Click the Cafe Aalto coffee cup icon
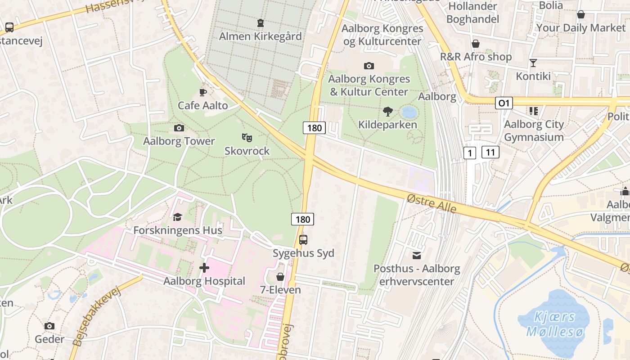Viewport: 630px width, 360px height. point(203,93)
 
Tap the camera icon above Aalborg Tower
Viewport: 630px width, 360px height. point(179,128)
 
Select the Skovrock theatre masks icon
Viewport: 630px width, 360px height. point(247,137)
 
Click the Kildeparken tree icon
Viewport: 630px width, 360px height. point(387,111)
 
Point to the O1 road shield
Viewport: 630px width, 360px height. point(504,103)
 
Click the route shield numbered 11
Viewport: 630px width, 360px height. point(490,152)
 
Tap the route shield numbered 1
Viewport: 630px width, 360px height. point(470,153)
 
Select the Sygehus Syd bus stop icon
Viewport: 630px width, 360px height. point(303,239)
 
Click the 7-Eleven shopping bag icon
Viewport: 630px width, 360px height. point(280,277)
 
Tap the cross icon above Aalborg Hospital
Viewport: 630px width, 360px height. point(204,268)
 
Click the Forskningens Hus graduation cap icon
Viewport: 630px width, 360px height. point(177,217)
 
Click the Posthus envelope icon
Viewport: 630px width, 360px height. point(417,256)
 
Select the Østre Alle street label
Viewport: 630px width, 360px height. point(431,204)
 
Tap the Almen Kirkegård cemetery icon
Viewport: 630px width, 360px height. point(260,23)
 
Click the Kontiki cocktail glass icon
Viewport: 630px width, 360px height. point(533,63)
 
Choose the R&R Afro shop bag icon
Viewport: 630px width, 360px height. point(476,44)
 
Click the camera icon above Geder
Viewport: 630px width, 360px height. point(49,326)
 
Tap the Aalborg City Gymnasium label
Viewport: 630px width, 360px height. point(534,130)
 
